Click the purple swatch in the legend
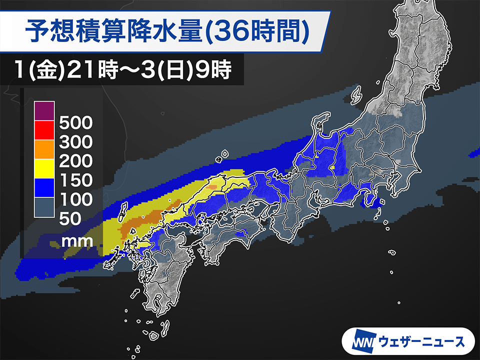[43, 111]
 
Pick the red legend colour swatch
[43, 130]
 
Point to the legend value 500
[75, 122]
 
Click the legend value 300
[75, 142]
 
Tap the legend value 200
[75, 161]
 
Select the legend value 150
[75, 180]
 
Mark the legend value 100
[75, 199]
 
